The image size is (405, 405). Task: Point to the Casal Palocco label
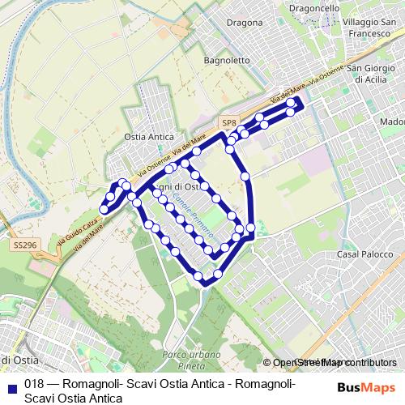(359, 254)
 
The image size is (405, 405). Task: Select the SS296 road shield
(23, 242)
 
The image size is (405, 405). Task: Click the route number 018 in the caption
(34, 384)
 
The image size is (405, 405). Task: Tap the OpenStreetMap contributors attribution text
(335, 363)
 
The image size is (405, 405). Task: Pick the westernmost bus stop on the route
(103, 211)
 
